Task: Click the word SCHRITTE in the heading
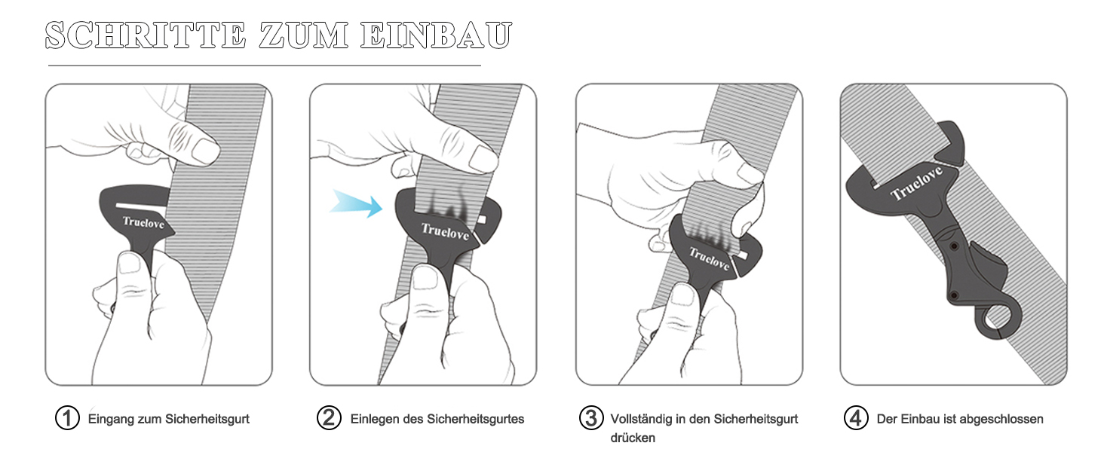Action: click(146, 35)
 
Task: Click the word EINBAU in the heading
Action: click(436, 35)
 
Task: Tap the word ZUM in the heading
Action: click(304, 35)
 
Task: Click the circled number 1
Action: click(67, 418)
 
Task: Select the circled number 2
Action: click(329, 418)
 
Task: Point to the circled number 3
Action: click(591, 418)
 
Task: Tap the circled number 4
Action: click(856, 418)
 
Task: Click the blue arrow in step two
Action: click(356, 203)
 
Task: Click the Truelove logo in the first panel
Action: click(143, 222)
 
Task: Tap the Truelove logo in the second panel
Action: click(445, 231)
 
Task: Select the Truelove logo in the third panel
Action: click(709, 258)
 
